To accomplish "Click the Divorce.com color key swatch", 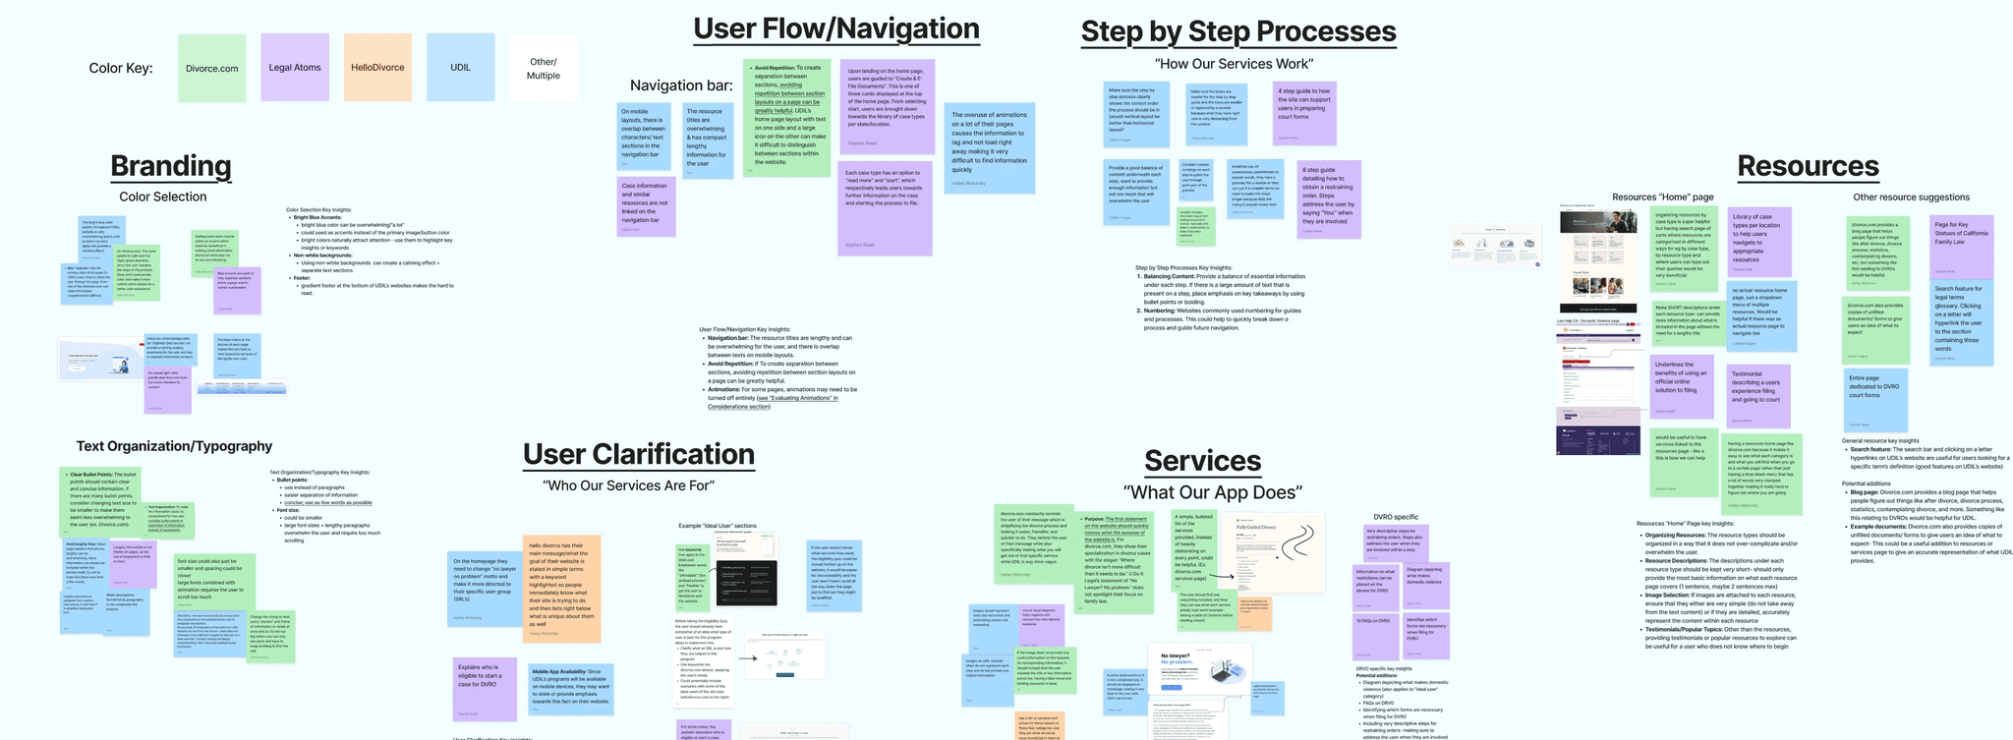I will pyautogui.click(x=212, y=68).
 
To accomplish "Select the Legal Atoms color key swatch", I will pyautogui.click(x=295, y=67).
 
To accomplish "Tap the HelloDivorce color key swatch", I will pyautogui.click(x=377, y=67).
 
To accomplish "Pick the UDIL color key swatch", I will pyautogui.click(x=460, y=67).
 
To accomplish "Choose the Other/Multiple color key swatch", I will pyautogui.click(x=543, y=69).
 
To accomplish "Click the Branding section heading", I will pyautogui.click(x=171, y=166).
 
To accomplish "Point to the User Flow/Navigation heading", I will pyautogui.click(x=836, y=28).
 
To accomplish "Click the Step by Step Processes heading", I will pyautogui.click(x=1238, y=31).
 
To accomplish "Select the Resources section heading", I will pyautogui.click(x=1808, y=166).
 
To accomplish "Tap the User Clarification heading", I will pyautogui.click(x=639, y=454).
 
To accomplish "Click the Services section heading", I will pyautogui.click(x=1202, y=461).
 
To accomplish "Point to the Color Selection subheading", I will pyautogui.click(x=163, y=197).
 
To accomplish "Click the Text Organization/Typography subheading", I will pyautogui.click(x=174, y=446).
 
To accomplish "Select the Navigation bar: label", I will pyautogui.click(x=681, y=85).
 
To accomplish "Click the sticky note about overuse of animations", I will pyautogui.click(x=989, y=147).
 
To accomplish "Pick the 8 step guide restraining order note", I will pyautogui.click(x=1328, y=199).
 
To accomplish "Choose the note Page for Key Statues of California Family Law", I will pyautogui.click(x=1961, y=247).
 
